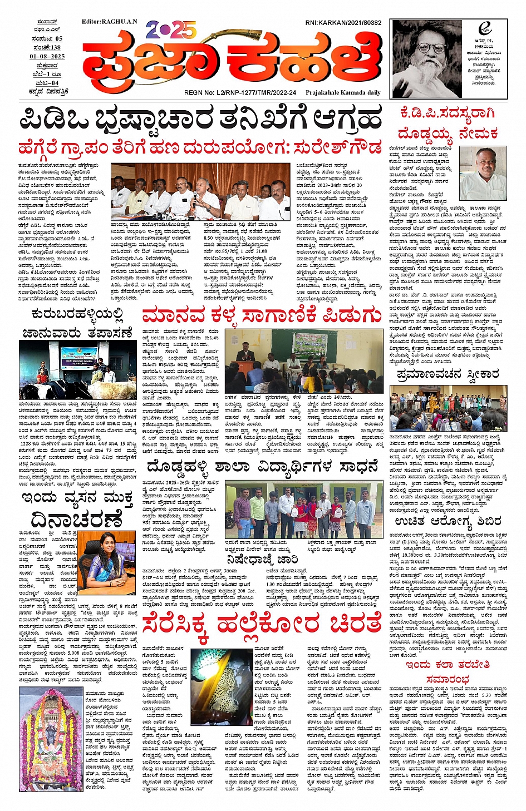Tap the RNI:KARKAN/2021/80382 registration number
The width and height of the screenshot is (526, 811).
point(343,23)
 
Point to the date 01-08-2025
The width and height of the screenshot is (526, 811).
point(47,56)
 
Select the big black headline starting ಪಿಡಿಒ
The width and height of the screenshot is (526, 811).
point(200,119)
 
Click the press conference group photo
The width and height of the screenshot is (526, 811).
point(200,191)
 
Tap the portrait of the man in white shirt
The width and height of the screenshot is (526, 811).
point(483,172)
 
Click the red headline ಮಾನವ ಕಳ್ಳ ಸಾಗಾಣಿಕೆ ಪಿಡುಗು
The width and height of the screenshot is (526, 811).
point(262,315)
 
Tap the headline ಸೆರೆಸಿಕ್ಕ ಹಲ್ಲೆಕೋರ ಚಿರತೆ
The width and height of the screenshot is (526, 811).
point(262,625)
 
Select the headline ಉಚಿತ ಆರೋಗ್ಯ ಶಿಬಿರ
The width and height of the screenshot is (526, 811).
point(448,521)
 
